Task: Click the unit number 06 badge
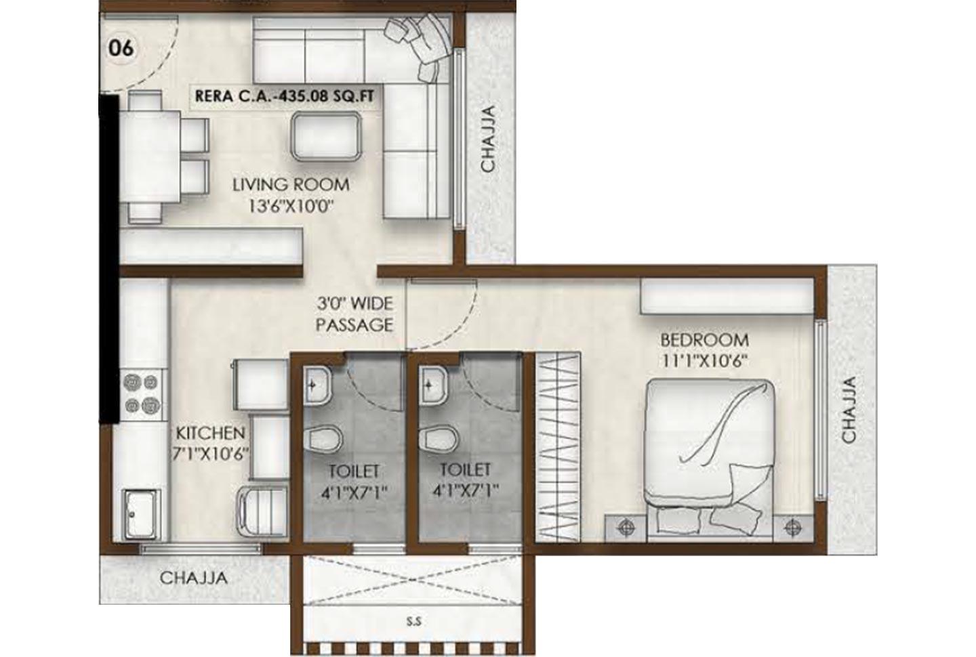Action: coord(122,49)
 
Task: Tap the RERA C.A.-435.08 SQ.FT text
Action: coord(284,96)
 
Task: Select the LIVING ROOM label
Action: coord(291,184)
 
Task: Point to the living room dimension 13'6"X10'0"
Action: coord(291,206)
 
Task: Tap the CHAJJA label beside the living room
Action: coord(487,139)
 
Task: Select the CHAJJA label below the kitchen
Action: coord(193,578)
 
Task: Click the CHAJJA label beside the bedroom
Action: coord(849,410)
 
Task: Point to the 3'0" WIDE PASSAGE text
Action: coord(354,314)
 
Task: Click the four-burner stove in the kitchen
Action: coord(140,394)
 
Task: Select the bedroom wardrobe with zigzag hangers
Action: coord(558,447)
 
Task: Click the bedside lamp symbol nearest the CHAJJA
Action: coord(791,526)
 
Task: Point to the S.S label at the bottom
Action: coord(413,620)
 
